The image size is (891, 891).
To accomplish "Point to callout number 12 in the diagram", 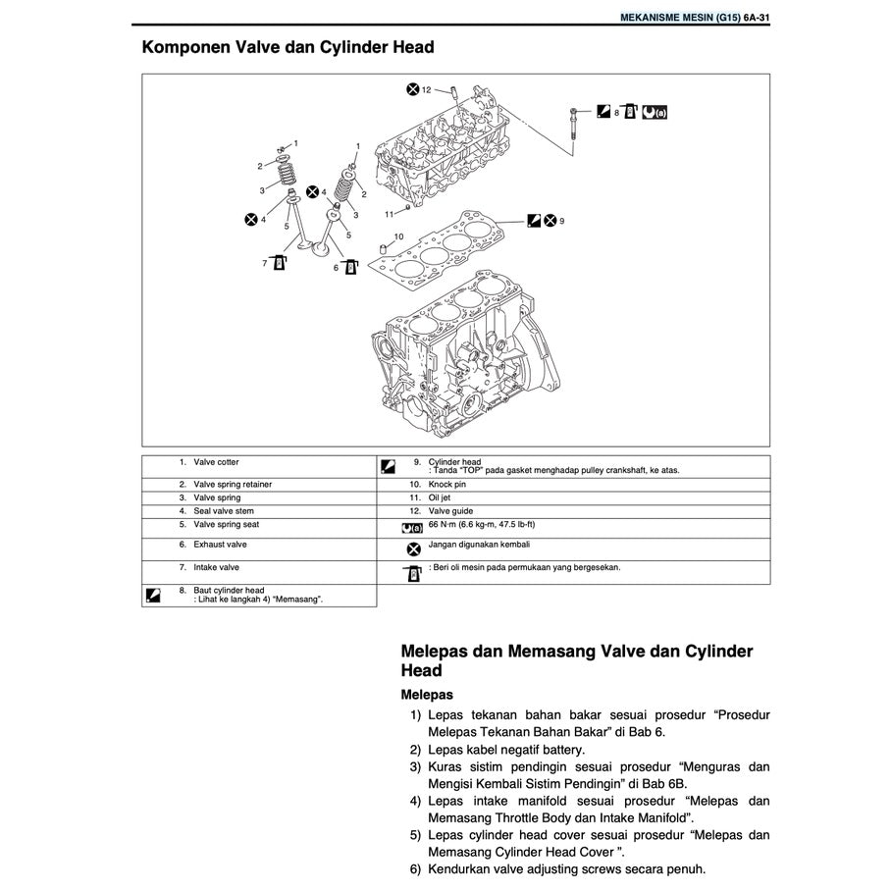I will tap(427, 90).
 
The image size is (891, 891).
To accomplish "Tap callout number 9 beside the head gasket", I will tap(562, 221).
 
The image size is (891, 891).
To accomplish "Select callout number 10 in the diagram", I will tap(398, 236).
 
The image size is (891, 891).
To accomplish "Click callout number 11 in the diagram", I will tap(389, 213).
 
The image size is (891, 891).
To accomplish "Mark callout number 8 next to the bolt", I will tap(616, 114).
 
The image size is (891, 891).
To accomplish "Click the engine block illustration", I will tap(461, 363).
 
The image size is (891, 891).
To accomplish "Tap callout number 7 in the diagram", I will tap(265, 263).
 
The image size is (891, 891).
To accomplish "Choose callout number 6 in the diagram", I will tap(336, 267).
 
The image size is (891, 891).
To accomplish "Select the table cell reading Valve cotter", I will tap(216, 462).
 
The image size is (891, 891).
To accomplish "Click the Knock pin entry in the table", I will tap(447, 485).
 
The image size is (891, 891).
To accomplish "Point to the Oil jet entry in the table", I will tap(442, 498).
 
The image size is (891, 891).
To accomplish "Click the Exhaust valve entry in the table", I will tap(220, 544).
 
